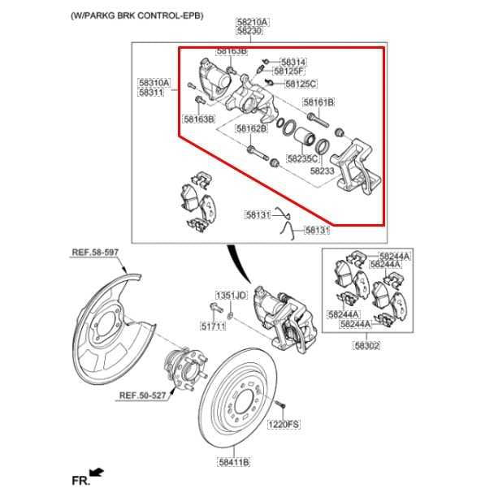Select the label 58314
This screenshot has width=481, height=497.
pos(293,62)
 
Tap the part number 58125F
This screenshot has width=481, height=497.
pos(293,72)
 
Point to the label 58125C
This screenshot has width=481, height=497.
pos(301,84)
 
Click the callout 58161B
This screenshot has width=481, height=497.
pos(318,102)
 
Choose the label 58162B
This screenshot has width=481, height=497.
pos(252,128)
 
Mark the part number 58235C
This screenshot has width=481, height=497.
pos(301,159)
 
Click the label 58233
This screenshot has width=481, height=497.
pos(322,171)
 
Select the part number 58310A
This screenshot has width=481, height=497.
pos(154,82)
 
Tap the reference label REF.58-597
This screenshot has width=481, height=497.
pos(94,253)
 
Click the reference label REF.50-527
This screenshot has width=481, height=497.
pos(144,396)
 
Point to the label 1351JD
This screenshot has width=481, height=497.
pos(230,295)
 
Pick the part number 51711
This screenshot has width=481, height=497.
pos(213,326)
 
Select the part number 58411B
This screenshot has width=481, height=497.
pos(233,463)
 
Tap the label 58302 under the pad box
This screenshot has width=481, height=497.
pos(366,345)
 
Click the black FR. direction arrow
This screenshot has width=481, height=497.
pos(97,471)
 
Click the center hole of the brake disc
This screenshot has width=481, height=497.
pos(244,402)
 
